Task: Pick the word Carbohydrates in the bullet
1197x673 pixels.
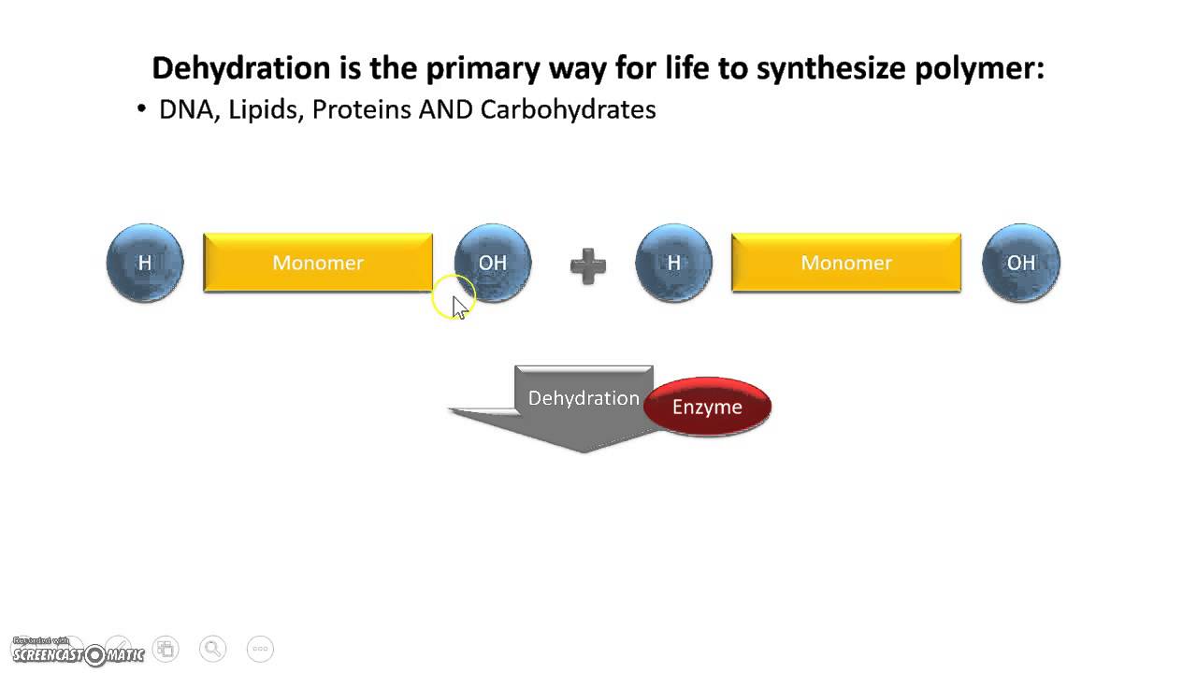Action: click(x=568, y=109)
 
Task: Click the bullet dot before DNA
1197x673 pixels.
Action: click(x=142, y=109)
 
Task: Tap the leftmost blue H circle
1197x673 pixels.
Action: click(x=145, y=263)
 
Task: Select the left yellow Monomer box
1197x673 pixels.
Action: click(x=318, y=263)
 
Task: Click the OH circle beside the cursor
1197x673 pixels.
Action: click(x=493, y=263)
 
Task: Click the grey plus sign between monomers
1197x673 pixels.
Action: click(x=588, y=265)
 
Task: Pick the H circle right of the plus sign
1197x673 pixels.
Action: click(x=673, y=263)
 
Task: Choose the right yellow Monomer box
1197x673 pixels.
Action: click(x=846, y=263)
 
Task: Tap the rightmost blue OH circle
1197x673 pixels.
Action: click(x=1021, y=263)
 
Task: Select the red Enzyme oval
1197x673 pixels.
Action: click(x=708, y=408)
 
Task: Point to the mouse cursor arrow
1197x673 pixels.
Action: click(x=458, y=307)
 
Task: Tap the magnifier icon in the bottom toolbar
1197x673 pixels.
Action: click(x=213, y=648)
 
